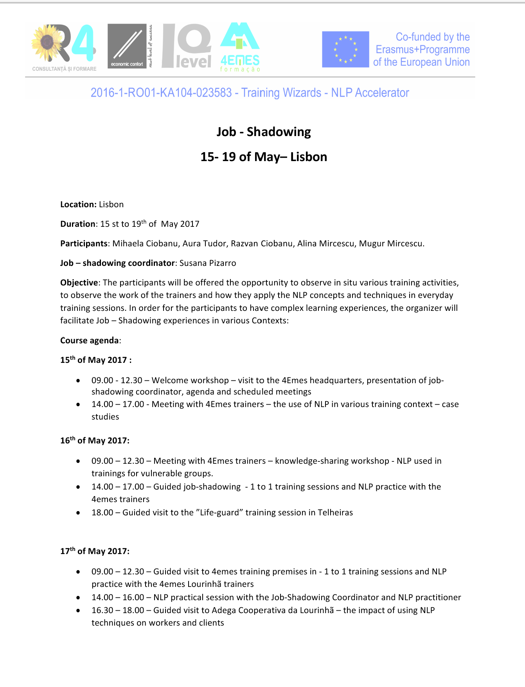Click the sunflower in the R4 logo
tap(47, 42)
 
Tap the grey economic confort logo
tap(127, 46)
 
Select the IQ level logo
tap(187, 46)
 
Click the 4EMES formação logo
tap(240, 47)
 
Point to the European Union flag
tap(345, 49)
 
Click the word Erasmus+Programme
tap(423, 50)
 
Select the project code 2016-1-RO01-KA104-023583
tap(161, 93)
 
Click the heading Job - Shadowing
tap(264, 132)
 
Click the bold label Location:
tap(78, 204)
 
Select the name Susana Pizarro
tap(208, 263)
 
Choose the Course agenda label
tap(90, 341)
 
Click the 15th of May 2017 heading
tap(95, 360)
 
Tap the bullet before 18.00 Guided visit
tap(79, 513)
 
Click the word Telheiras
tap(335, 513)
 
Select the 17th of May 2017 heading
tap(95, 551)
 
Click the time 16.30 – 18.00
tap(118, 610)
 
